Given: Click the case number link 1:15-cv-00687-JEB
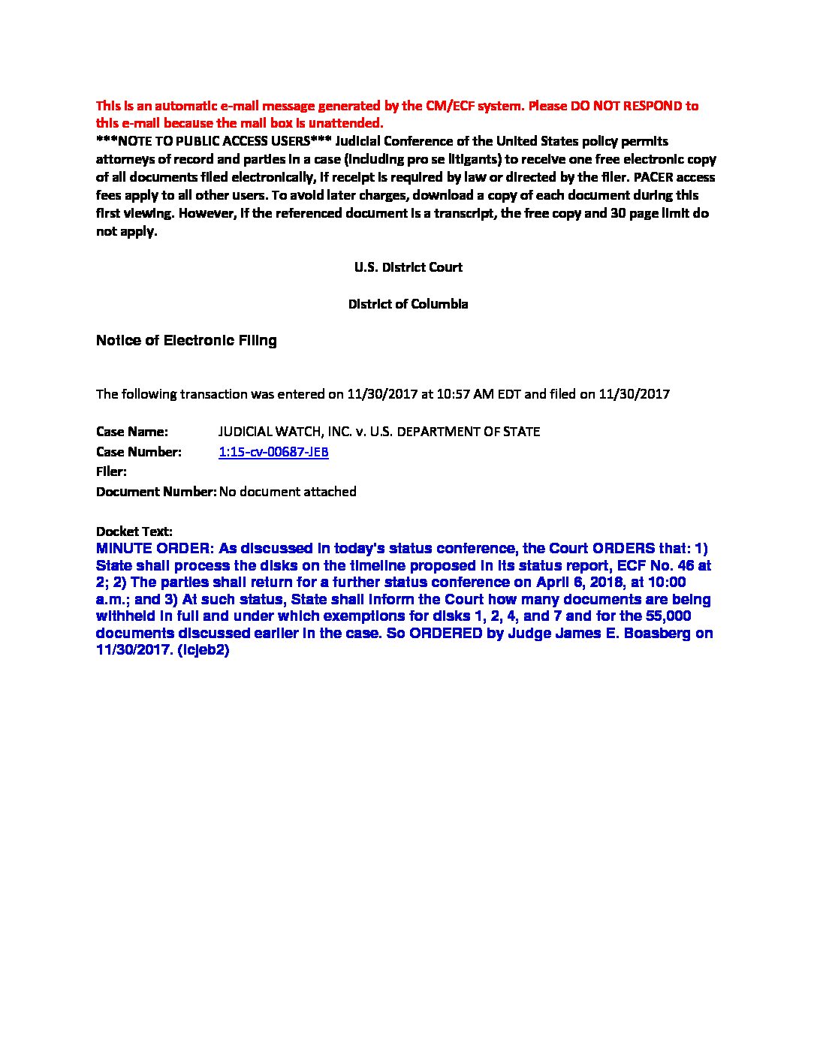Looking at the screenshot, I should tap(273, 452).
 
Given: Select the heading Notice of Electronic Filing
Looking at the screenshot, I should tap(186, 341).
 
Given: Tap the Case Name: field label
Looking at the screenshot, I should tap(131, 432).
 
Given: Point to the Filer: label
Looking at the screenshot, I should tap(111, 471).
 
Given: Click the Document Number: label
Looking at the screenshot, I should tap(156, 492).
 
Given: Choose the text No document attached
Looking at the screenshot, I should tap(288, 492).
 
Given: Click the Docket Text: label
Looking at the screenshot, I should tap(134, 532).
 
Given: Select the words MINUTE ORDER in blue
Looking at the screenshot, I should tap(154, 549).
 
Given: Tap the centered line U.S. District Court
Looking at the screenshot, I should tap(408, 267).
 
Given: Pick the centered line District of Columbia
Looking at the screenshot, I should tap(408, 304).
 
